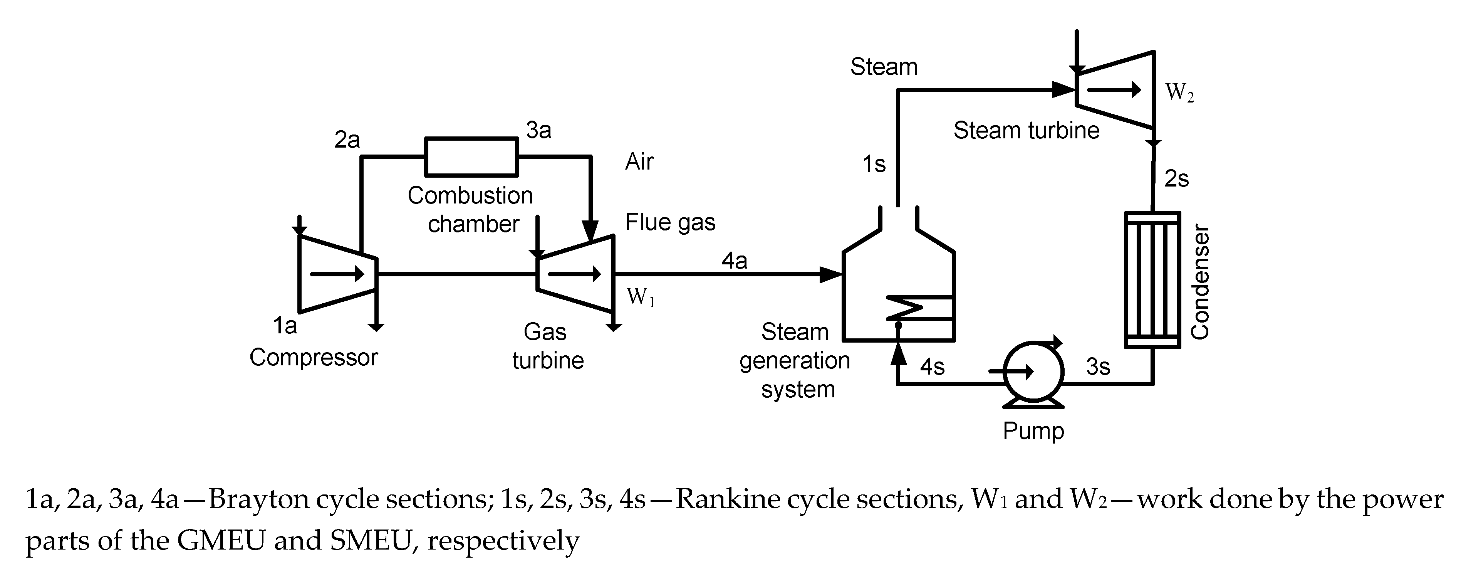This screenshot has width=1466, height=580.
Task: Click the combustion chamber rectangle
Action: click(472, 156)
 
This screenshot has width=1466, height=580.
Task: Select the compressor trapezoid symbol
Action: click(337, 274)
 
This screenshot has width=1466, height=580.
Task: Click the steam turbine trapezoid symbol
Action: click(1115, 89)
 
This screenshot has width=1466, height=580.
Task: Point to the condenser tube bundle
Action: click(1152, 279)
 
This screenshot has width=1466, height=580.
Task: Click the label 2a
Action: click(347, 140)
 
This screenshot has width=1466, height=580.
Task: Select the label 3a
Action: click(538, 130)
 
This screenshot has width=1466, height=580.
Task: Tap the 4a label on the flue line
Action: click(734, 261)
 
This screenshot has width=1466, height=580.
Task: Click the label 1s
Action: click(874, 164)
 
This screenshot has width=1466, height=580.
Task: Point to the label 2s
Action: click(1176, 179)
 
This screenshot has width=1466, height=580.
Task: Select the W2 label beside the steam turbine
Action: click(1179, 92)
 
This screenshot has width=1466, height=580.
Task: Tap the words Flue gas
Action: click(670, 222)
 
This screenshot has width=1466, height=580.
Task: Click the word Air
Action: click(639, 161)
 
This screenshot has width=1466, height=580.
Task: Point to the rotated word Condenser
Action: click(1200, 282)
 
